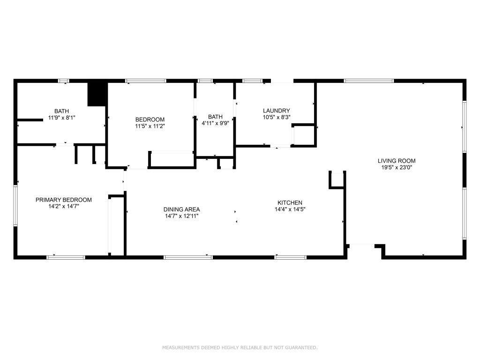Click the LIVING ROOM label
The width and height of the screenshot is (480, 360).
coord(397,161)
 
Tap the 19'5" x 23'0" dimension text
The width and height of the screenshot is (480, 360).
coord(397,167)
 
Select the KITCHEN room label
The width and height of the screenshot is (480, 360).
coord(290,202)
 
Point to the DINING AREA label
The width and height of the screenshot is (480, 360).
coord(181,210)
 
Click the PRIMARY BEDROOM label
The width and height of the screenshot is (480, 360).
coord(64,200)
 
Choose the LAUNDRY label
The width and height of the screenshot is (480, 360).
coord(277,111)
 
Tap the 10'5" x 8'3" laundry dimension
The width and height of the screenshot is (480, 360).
coord(277,117)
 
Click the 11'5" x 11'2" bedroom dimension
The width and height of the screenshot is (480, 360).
coord(150,126)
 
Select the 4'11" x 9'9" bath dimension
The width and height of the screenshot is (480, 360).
coord(215,123)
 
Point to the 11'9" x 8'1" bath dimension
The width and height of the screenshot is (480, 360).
coord(62,117)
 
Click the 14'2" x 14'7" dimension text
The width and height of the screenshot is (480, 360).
coord(64,206)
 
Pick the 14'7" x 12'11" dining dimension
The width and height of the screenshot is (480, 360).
coord(181,216)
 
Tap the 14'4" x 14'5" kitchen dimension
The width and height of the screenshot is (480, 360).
coord(290,210)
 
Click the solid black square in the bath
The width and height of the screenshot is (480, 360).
coord(97,94)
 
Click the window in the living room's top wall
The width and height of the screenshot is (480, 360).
coord(368,81)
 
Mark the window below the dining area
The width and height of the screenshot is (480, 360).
coord(188,257)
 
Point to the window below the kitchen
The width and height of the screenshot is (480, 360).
coord(291,257)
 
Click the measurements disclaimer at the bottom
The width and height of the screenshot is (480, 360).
coord(240,347)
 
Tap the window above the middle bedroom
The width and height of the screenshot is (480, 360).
coord(146,81)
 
